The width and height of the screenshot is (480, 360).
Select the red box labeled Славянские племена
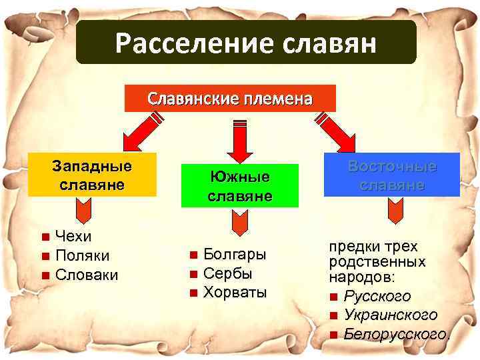point(230,99)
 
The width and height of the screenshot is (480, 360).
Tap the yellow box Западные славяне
point(92,175)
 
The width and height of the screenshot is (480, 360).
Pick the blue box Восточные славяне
point(391,175)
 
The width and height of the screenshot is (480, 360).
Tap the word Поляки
point(83,255)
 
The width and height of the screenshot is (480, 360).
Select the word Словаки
point(87,275)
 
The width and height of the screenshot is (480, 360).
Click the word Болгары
point(235,254)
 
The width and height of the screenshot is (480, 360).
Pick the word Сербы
point(227,273)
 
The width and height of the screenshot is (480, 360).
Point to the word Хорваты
point(235,292)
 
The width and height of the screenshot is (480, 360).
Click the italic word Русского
point(377,296)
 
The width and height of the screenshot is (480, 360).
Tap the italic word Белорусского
point(396,333)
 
